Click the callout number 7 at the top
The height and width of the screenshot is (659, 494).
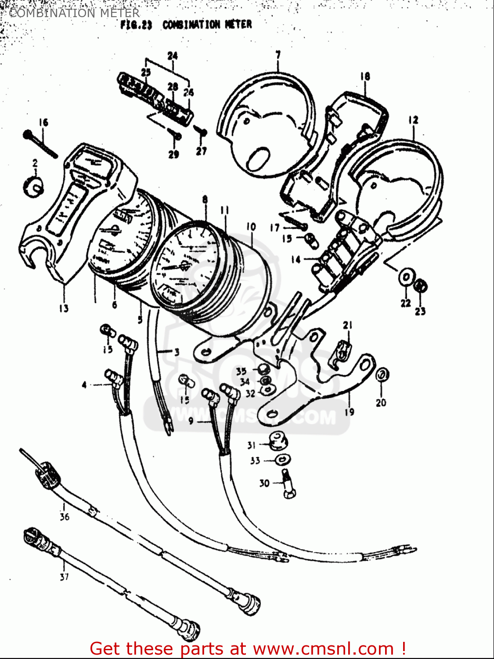click(278, 55)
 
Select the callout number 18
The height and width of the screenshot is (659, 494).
click(365, 76)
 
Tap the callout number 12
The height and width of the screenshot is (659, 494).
click(413, 119)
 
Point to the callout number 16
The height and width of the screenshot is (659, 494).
click(43, 122)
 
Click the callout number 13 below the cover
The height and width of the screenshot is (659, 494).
click(64, 308)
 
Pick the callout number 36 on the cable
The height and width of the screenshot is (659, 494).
click(64, 517)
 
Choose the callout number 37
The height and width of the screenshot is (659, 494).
click(64, 576)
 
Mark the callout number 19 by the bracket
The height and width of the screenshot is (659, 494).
click(350, 412)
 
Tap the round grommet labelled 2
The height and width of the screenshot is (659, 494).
click(33, 186)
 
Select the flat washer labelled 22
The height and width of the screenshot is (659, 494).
click(406, 279)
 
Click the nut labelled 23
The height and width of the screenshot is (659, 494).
click(421, 286)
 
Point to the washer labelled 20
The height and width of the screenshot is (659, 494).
click(381, 375)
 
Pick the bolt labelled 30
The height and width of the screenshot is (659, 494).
click(288, 483)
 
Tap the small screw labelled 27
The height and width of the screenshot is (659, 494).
click(201, 131)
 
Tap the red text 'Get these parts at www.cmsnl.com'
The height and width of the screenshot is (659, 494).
click(247, 648)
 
